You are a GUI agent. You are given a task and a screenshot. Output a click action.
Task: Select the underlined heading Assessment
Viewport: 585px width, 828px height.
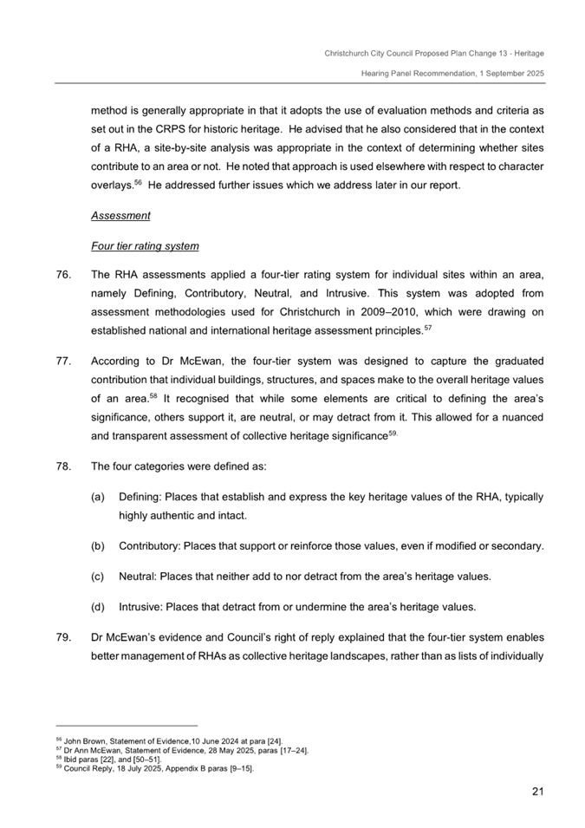tap(120, 215)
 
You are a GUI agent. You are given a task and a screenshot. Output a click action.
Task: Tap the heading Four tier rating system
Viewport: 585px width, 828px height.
tap(145, 245)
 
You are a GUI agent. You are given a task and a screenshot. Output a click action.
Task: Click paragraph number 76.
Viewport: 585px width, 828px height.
tap(62, 276)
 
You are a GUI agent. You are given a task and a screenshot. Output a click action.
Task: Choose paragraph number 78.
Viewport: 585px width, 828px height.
tap(62, 466)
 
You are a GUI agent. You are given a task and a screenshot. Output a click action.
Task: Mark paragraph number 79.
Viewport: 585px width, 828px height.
tap(62, 637)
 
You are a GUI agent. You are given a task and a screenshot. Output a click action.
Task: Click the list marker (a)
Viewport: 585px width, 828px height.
tap(98, 497)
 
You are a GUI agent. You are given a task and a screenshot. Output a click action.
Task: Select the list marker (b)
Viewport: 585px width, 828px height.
tap(98, 546)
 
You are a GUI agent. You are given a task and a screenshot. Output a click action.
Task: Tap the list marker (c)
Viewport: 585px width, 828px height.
tap(98, 577)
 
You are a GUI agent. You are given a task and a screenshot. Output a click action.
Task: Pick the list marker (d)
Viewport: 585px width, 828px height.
tap(98, 607)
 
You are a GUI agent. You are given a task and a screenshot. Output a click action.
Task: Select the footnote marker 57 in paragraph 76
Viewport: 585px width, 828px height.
tap(426, 327)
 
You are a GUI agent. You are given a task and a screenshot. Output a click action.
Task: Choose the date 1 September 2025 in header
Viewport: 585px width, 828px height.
tap(510, 74)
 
